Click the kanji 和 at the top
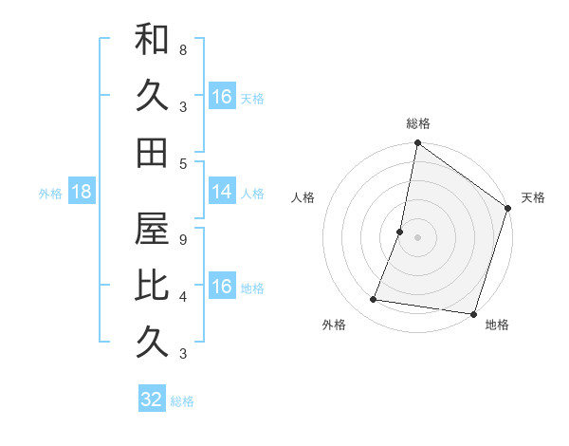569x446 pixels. pos(152,41)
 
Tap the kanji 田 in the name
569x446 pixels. pos(152,152)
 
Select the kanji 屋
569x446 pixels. pos(152,228)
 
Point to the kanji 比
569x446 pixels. pos(152,284)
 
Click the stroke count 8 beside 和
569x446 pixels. pos(182,49)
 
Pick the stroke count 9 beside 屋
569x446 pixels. pos(182,239)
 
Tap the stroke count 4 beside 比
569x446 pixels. pos(182,296)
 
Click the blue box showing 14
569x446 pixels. pos(222,192)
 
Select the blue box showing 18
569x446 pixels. pos(82,192)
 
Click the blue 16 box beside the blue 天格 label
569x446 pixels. pos(222,97)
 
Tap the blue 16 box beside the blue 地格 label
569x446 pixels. pos(222,287)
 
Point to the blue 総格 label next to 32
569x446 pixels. pos(182,400)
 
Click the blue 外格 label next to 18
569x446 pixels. pos(50,193)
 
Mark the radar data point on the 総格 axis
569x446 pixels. pos(417,144)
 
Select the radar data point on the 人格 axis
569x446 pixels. pos(400,232)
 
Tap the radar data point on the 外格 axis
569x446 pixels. pos(374,300)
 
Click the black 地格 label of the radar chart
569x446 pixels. pos(497,325)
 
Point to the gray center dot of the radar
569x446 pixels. pos(417,237)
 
